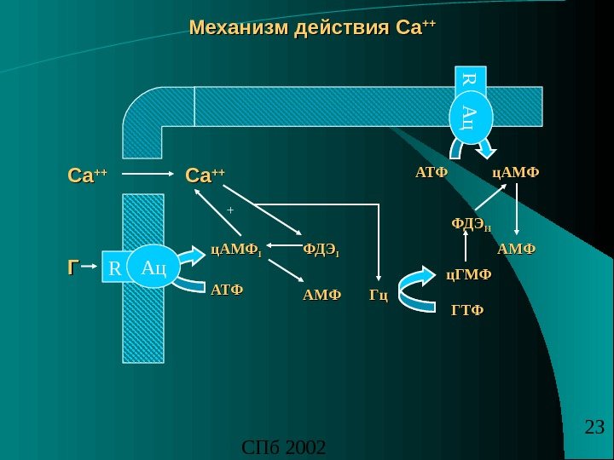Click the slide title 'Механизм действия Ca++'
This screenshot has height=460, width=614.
tap(311, 28)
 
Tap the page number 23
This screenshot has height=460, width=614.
tap(594, 427)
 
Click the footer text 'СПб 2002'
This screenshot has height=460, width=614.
tap(284, 446)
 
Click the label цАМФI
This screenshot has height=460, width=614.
tap(235, 250)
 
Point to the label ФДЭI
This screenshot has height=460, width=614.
tap(321, 250)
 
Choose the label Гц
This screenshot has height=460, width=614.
tap(379, 296)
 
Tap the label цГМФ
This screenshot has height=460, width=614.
tap(470, 274)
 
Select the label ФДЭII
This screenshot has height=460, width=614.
tap(471, 225)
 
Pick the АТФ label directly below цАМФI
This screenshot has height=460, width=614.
tap(226, 290)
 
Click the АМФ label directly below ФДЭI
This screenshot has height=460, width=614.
tap(321, 296)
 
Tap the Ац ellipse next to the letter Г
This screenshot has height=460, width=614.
tap(154, 268)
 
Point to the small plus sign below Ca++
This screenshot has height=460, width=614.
tap(229, 208)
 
